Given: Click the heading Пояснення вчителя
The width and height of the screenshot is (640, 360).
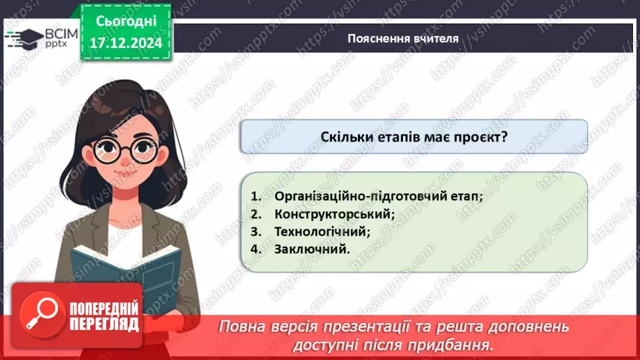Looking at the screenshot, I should [403, 38].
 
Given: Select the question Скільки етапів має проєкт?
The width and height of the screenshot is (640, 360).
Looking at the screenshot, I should [414, 137].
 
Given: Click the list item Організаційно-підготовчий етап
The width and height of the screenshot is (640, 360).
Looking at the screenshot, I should [378, 196].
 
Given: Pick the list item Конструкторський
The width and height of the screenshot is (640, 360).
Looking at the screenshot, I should [334, 213].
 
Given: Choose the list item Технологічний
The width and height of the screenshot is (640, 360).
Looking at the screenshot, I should [322, 231].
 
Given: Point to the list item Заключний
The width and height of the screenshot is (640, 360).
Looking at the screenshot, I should [312, 248].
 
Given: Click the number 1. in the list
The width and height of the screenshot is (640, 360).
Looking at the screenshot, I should [256, 196].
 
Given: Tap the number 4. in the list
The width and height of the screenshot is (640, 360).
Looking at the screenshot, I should [256, 248].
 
